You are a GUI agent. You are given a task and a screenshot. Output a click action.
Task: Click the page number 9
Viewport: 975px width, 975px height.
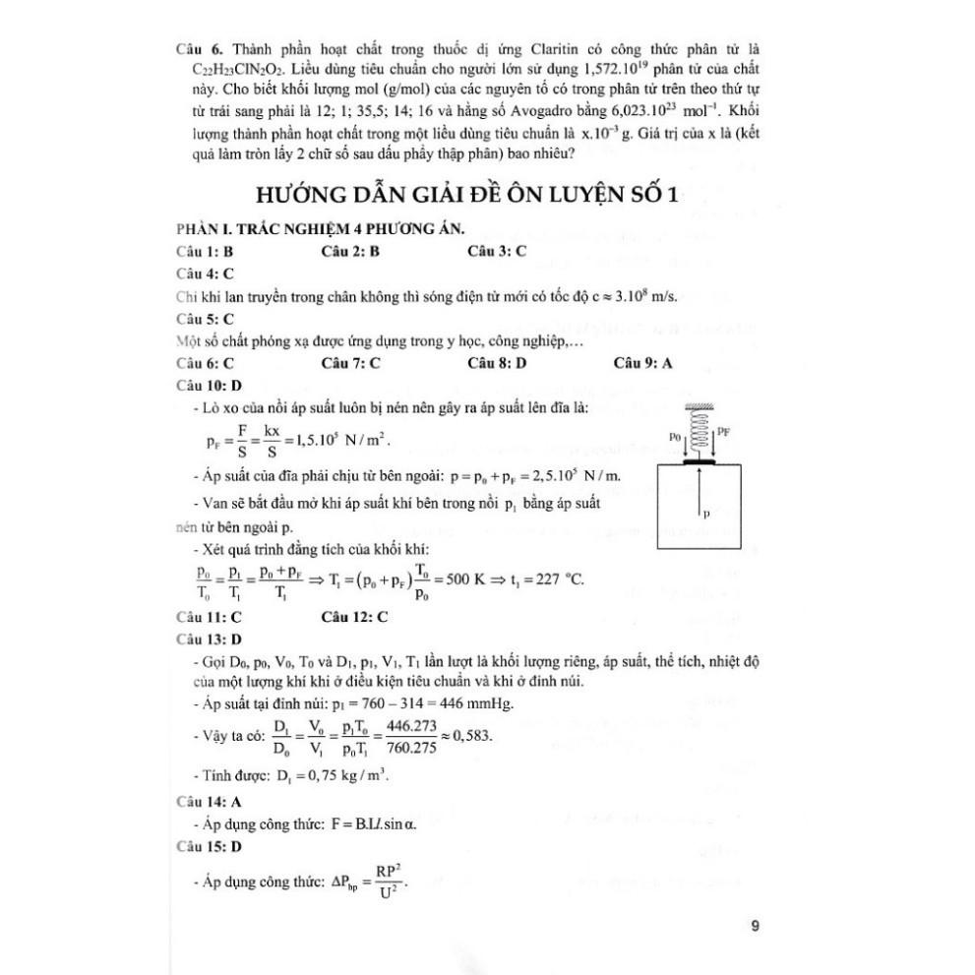point(754,925)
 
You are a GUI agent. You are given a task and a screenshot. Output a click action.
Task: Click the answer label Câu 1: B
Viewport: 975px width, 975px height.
point(205,251)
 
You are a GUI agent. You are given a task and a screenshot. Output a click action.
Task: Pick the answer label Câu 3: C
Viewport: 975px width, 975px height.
point(497,251)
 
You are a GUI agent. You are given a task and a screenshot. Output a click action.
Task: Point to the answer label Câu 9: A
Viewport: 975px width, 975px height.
point(642,363)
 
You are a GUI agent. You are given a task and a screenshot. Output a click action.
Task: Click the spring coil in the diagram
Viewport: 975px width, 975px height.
point(701,432)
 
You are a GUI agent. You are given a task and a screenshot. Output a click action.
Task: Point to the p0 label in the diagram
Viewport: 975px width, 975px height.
point(674,433)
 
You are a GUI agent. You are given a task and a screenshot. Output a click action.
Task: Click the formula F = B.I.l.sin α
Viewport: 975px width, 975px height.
point(363,824)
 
